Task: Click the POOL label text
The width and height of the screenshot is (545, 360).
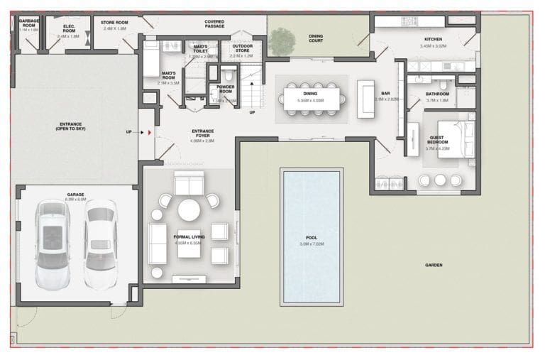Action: [312, 238]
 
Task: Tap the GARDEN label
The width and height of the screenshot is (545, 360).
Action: [434, 265]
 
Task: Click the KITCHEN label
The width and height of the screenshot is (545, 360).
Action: [433, 39]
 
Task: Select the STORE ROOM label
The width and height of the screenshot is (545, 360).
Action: [114, 23]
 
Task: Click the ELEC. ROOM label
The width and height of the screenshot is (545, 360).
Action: [69, 28]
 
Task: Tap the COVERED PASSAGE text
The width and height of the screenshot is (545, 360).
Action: [214, 24]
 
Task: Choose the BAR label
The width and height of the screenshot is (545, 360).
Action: [386, 93]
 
